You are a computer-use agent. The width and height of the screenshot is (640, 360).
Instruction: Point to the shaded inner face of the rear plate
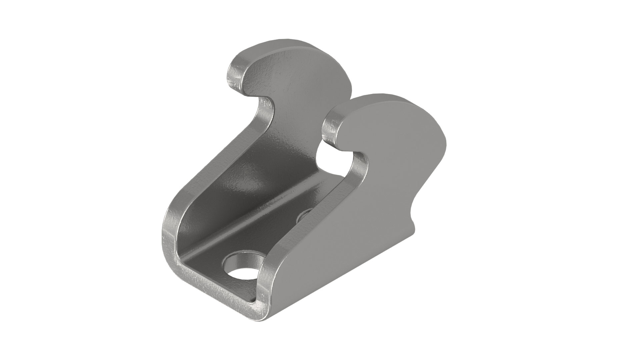point(253,173)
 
